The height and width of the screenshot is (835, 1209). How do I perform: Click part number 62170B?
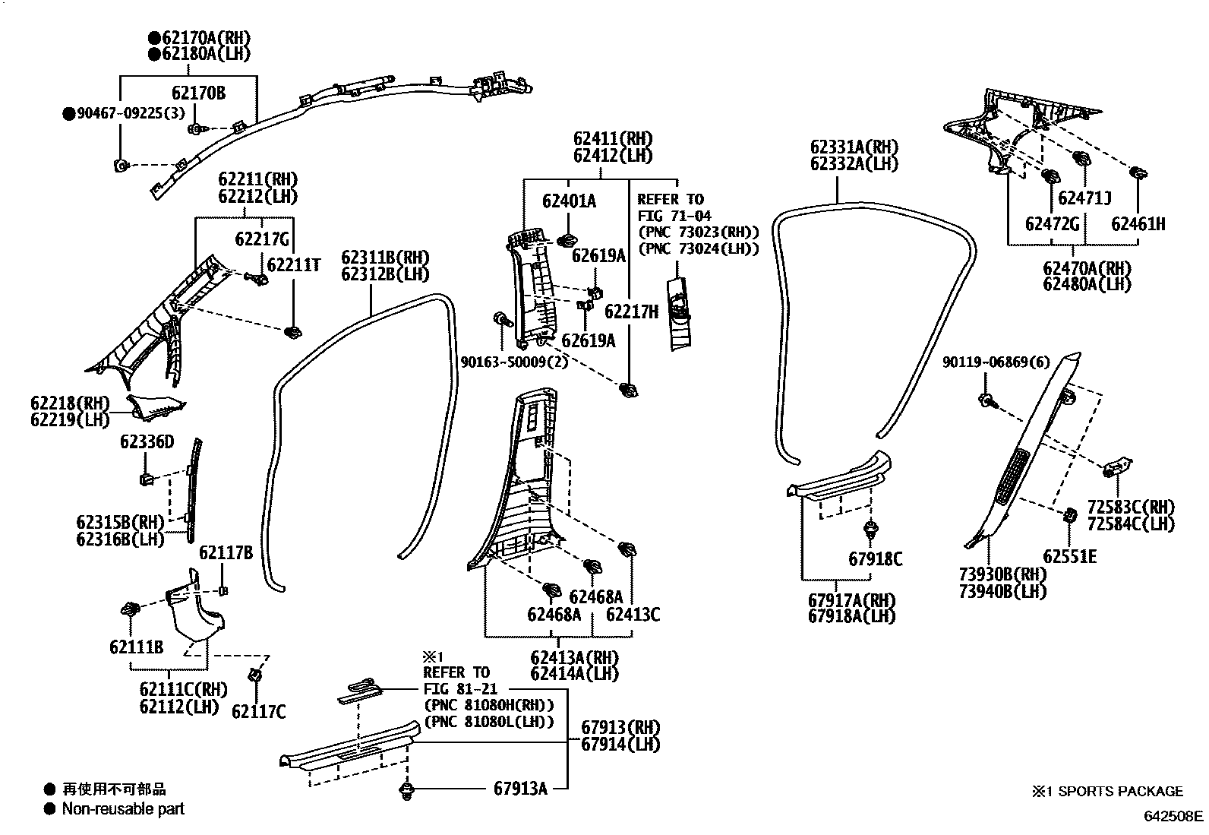click(198, 93)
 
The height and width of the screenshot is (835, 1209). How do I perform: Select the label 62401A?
click(569, 201)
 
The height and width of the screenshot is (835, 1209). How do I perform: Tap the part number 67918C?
click(875, 559)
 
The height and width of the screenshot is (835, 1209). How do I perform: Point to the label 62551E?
click(1069, 557)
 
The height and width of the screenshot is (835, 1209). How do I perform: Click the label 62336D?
click(147, 442)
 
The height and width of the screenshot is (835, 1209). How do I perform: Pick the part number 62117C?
click(258, 712)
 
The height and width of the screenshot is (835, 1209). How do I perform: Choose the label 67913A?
click(520, 789)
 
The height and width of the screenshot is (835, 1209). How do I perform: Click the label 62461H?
click(1138, 224)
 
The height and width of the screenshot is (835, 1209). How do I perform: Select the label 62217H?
click(631, 312)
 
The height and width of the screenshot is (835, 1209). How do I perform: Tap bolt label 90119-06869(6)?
click(996, 363)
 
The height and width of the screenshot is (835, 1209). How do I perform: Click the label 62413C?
click(633, 615)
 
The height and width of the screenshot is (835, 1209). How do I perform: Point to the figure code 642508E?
click(1174, 817)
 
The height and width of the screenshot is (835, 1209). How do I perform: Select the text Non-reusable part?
click(123, 809)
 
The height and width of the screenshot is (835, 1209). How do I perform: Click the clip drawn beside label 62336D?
click(147, 479)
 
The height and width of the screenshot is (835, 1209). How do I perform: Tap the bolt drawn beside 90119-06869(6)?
click(986, 400)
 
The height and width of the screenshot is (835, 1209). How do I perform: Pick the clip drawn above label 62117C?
click(255, 675)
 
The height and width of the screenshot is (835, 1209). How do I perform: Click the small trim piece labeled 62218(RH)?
click(156, 408)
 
